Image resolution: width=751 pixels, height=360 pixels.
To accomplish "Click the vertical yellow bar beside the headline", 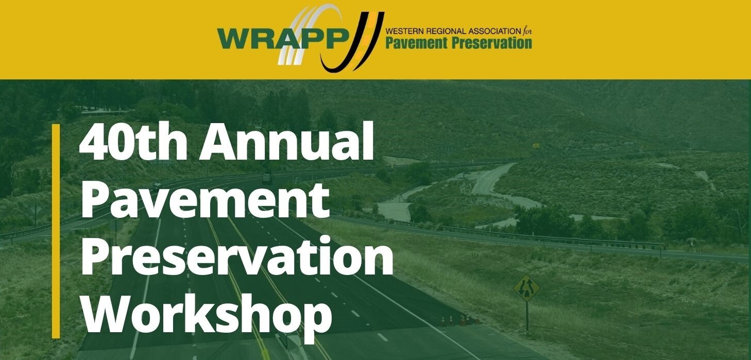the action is point(56,231).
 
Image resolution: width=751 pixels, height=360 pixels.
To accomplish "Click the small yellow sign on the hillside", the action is point(536,145).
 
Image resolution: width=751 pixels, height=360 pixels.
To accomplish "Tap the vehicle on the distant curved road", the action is point(267,179).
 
